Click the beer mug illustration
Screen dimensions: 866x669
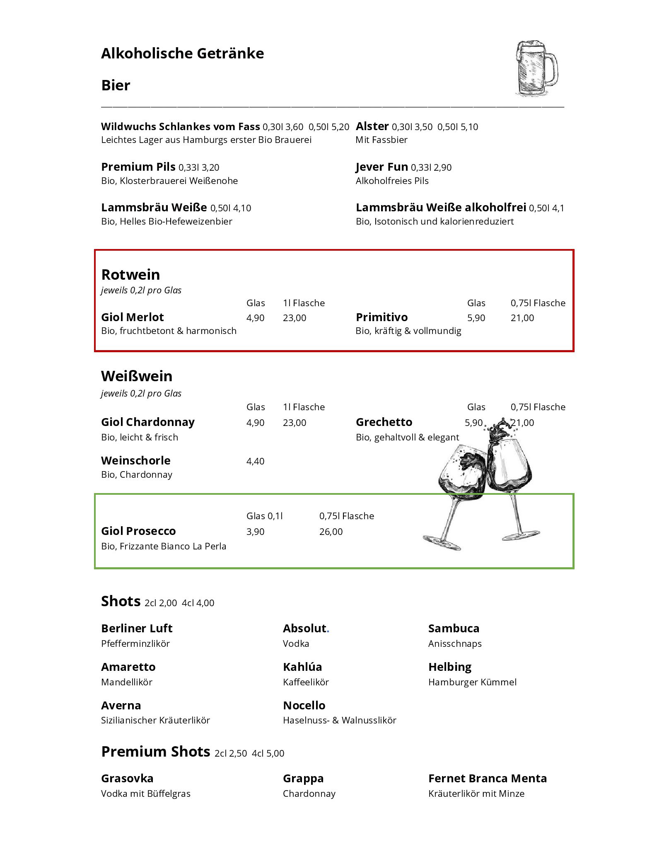(536, 69)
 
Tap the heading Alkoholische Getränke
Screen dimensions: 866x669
(182, 53)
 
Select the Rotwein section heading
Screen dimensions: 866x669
(130, 275)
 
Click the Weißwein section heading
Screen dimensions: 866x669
(137, 376)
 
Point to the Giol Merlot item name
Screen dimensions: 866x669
(132, 317)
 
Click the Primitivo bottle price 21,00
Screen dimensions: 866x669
(522, 318)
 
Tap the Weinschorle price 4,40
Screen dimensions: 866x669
(255, 461)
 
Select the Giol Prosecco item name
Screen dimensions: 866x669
(138, 531)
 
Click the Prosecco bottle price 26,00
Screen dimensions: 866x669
(331, 532)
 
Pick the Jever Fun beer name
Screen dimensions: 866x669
(382, 167)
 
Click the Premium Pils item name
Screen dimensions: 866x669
(138, 167)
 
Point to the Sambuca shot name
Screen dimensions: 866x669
(454, 629)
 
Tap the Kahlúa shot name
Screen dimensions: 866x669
(302, 667)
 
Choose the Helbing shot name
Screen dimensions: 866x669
(450, 667)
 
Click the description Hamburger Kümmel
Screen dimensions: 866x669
(472, 682)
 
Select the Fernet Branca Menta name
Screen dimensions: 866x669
(488, 779)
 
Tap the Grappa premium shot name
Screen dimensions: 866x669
(303, 779)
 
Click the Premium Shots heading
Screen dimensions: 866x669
(155, 752)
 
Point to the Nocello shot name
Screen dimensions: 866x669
(304, 706)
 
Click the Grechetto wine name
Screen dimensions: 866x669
(384, 422)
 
